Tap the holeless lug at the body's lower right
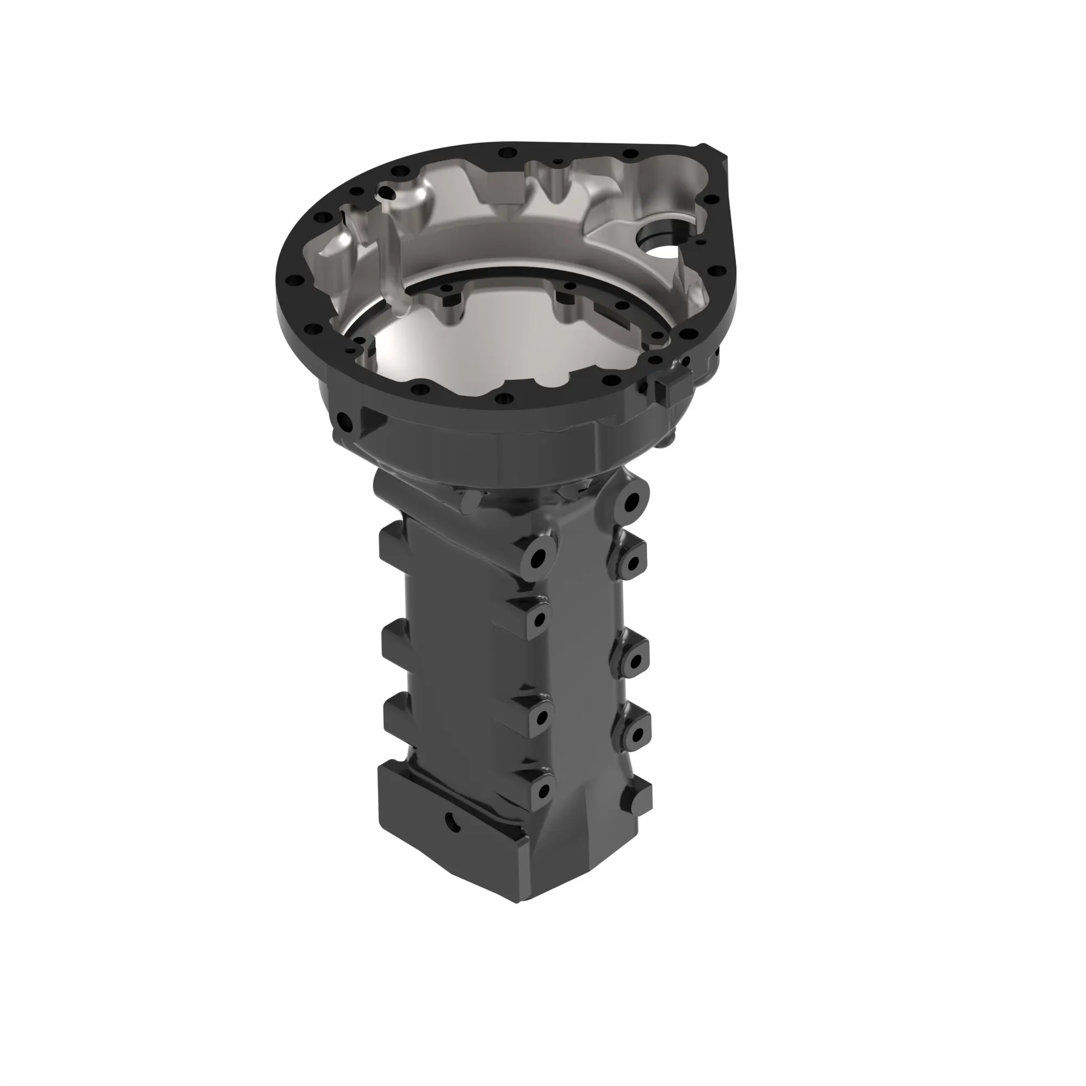[x=639, y=798]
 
